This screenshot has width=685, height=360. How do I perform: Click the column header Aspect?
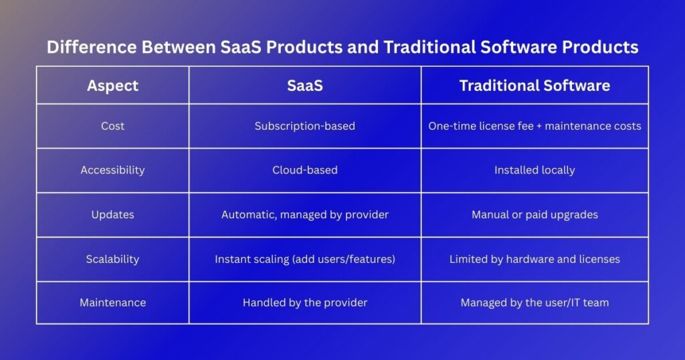tap(112, 86)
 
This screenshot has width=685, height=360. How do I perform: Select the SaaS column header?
tap(305, 86)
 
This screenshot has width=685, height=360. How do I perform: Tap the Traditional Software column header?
tap(534, 86)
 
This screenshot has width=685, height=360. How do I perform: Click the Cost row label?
tap(112, 126)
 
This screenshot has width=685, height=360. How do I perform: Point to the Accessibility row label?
tap(112, 170)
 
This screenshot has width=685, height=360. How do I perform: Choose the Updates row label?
tap(112, 215)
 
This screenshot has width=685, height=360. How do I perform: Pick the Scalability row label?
tap(112, 259)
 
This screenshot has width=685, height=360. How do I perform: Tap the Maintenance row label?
tap(112, 302)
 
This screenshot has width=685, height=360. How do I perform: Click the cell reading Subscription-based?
tap(305, 126)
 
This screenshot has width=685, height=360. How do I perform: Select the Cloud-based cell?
tap(305, 170)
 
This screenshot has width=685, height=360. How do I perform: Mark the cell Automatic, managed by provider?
tap(305, 215)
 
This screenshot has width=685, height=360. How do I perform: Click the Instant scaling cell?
tap(305, 259)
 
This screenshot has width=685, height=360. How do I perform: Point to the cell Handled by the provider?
tap(305, 302)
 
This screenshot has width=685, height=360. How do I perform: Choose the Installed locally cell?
tap(534, 170)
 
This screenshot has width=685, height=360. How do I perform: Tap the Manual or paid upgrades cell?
tap(534, 215)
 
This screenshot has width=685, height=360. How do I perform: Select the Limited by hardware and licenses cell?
tap(534, 259)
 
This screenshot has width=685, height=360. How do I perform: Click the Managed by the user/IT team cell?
tap(534, 302)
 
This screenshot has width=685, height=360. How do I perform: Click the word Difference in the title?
tap(92, 48)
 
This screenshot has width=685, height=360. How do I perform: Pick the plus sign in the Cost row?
tap(539, 126)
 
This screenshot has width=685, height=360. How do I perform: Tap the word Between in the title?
tap(179, 48)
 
